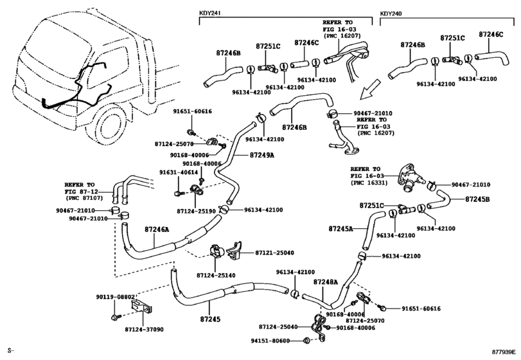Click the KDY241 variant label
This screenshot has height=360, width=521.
tap(210, 14)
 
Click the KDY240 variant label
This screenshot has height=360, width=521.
tap(391, 14)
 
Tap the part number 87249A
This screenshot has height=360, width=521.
tap(262, 155)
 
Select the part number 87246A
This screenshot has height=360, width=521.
tap(157, 230)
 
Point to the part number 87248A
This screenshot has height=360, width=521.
tap(325, 282)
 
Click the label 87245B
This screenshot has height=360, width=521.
tap(477, 199)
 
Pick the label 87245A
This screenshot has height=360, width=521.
tap(340, 229)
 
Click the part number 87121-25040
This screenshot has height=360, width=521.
tap(274, 253)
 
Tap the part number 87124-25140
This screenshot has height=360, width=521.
tap(216, 275)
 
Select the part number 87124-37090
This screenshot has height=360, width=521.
tap(144, 329)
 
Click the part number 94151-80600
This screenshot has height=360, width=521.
tap(270, 341)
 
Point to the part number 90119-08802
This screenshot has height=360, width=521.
tap(116, 297)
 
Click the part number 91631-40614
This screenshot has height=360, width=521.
tap(179, 172)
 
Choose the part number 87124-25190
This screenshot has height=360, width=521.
tap(197, 211)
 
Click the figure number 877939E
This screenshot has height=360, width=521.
tap(504, 352)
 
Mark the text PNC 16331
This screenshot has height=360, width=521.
tap(369, 183)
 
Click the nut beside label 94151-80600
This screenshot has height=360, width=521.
tap(306, 340)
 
